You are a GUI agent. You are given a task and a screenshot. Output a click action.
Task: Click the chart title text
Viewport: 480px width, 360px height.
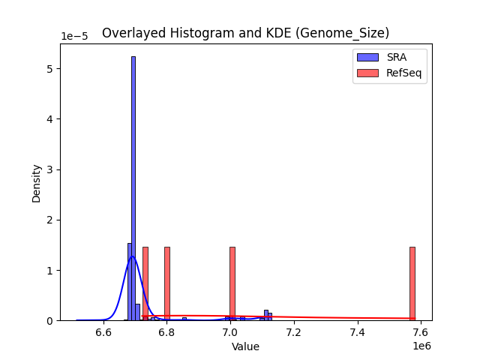[x=245, y=33]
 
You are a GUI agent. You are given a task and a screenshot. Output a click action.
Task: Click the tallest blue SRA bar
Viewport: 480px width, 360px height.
[x=133, y=187]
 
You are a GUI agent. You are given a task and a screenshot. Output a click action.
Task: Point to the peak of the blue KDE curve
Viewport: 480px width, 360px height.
[x=133, y=256]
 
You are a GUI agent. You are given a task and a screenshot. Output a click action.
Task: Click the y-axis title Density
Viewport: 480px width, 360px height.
[x=36, y=184]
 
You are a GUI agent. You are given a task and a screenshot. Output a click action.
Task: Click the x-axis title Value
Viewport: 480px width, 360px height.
[x=245, y=347]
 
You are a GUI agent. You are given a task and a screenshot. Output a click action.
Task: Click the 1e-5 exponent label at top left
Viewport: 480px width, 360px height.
[x=73, y=36]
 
